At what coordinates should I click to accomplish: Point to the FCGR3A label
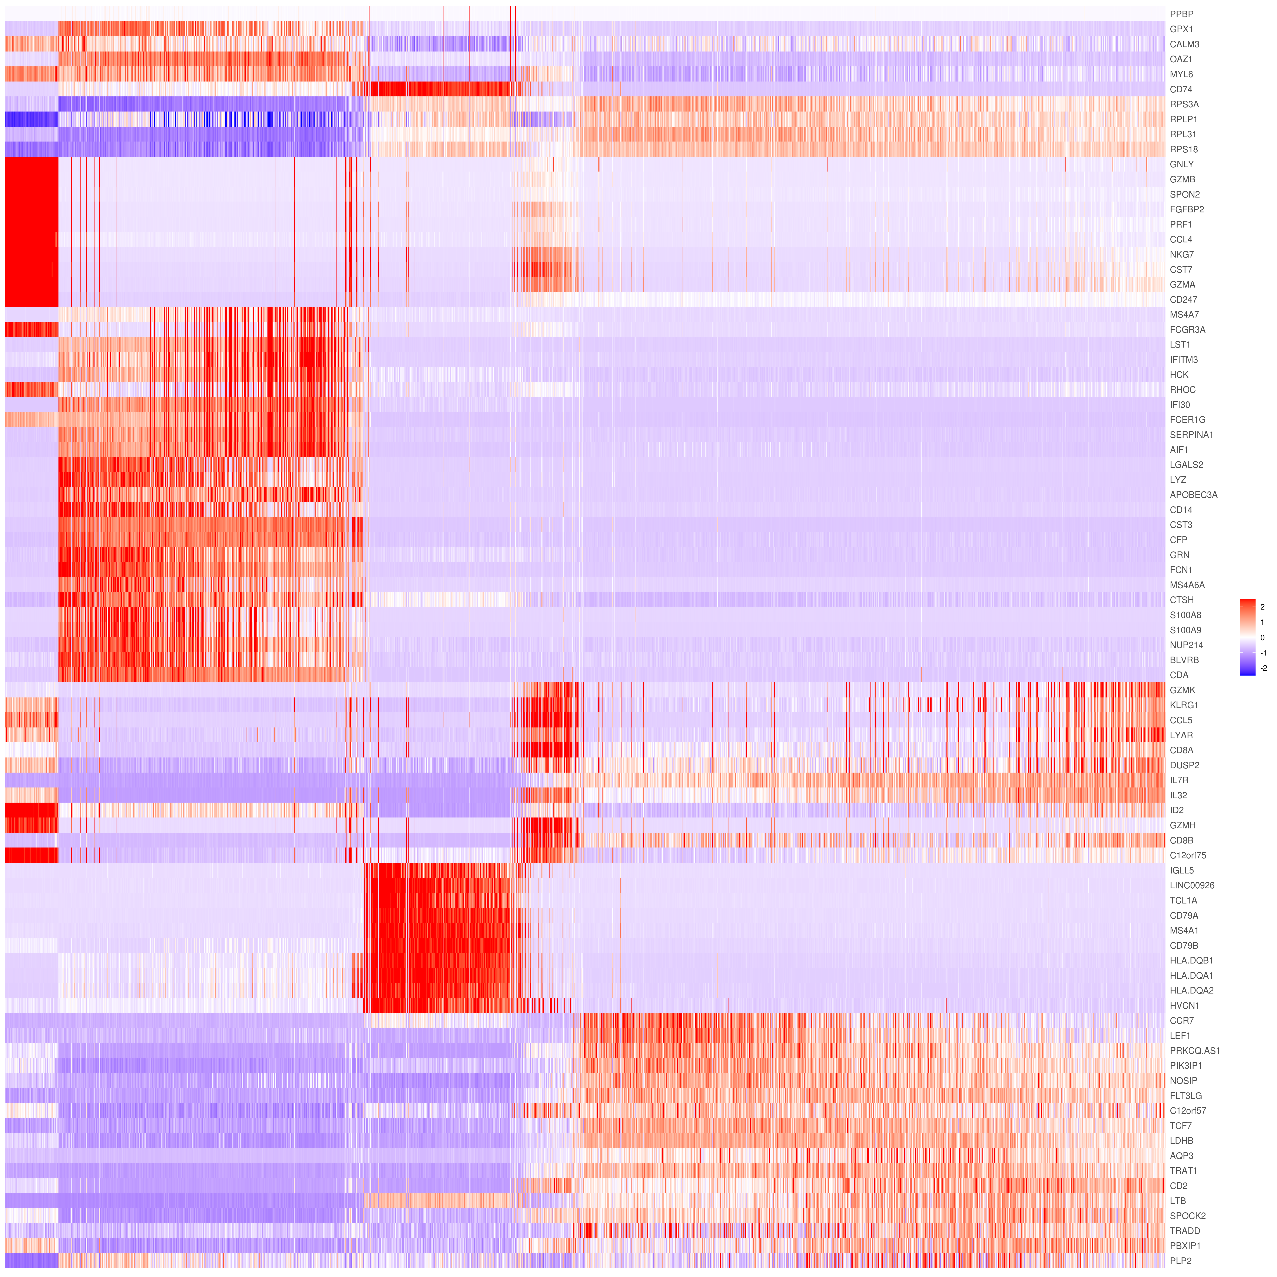(x=1187, y=329)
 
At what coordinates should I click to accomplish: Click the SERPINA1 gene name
(x=1191, y=434)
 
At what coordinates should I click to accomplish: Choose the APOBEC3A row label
(x=1193, y=494)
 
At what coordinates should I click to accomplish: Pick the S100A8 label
(x=1185, y=615)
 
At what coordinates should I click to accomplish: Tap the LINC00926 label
(x=1192, y=885)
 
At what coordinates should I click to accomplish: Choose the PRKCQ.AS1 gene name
(x=1194, y=1050)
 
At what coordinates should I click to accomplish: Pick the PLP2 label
(x=1181, y=1260)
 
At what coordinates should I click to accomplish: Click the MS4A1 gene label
(x=1184, y=930)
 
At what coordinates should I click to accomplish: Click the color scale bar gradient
(x=1247, y=637)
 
